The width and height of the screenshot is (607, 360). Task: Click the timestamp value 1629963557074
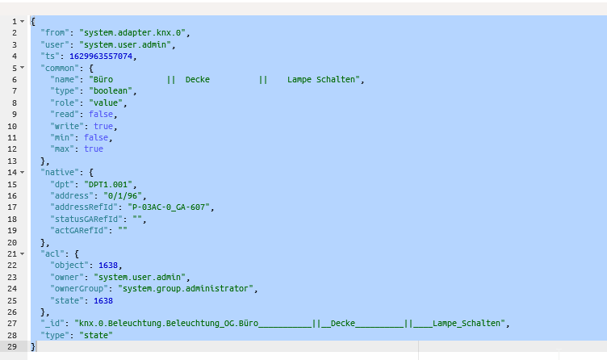101,57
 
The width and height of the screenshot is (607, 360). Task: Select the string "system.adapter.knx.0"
132,33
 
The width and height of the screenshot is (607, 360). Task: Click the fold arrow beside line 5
23,67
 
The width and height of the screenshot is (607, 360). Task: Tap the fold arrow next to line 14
23,172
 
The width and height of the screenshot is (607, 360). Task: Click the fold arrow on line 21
23,253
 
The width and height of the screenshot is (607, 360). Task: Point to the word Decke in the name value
198,79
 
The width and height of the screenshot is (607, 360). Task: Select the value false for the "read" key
101,114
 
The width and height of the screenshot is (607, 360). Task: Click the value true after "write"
103,126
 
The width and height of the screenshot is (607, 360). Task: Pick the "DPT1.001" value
108,184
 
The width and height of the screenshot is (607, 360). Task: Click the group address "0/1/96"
123,196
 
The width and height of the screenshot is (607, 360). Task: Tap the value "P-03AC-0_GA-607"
169,207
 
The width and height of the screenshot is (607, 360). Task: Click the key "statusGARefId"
86,219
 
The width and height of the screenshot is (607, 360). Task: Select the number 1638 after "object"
108,266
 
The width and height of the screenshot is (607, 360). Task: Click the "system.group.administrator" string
186,288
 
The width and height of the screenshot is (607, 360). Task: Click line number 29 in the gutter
12,346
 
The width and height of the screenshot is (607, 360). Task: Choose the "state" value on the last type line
96,335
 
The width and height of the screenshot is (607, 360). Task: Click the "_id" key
55,323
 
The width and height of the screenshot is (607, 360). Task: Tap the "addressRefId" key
84,207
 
